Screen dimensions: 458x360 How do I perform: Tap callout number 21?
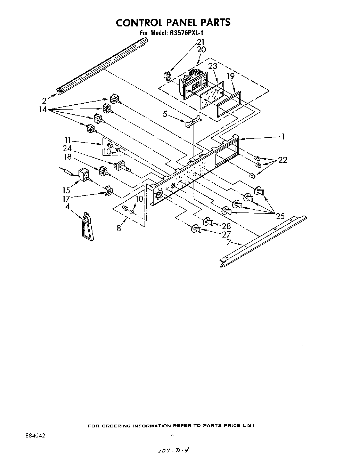tap(201, 42)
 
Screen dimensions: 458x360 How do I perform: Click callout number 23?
tap(213, 66)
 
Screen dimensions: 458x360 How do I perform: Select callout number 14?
tap(43, 110)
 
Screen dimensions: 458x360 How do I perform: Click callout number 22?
tap(283, 160)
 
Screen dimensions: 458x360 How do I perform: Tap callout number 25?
tap(280, 216)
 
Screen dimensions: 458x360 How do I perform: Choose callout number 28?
tap(226, 226)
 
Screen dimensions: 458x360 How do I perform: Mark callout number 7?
tap(228, 242)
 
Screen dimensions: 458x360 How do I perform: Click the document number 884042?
tap(34, 435)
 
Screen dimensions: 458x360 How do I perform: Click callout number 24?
tap(67, 148)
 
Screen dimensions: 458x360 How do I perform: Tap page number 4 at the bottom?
tap(172, 435)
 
